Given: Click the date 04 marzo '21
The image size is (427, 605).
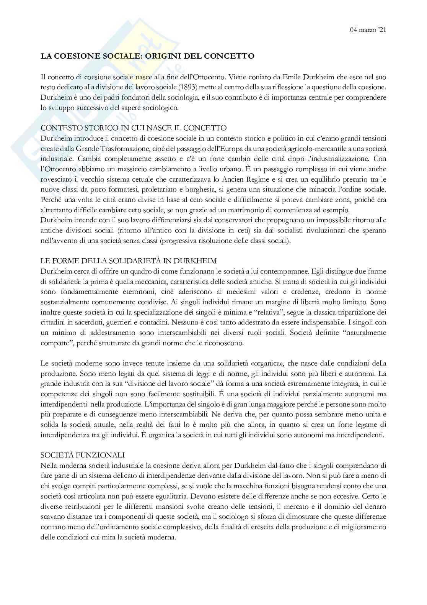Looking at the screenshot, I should [368, 30].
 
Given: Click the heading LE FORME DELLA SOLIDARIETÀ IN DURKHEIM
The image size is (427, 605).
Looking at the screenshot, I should [129, 261].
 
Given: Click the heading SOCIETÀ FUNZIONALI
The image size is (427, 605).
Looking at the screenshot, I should [83, 455].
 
